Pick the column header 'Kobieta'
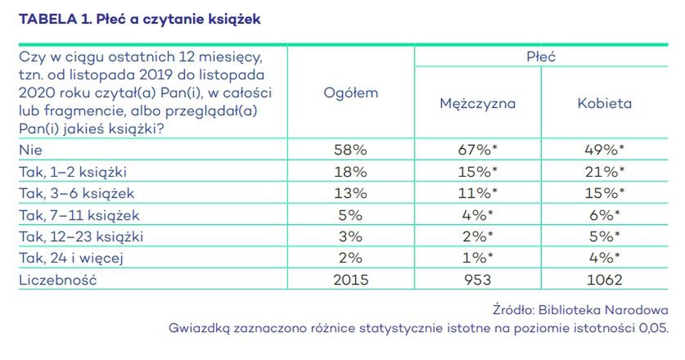604,104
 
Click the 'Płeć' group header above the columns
541,56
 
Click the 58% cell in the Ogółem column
351,150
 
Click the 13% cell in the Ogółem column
351,193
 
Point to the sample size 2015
351,280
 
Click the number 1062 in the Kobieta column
604,280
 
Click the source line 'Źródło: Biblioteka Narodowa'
579,310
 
